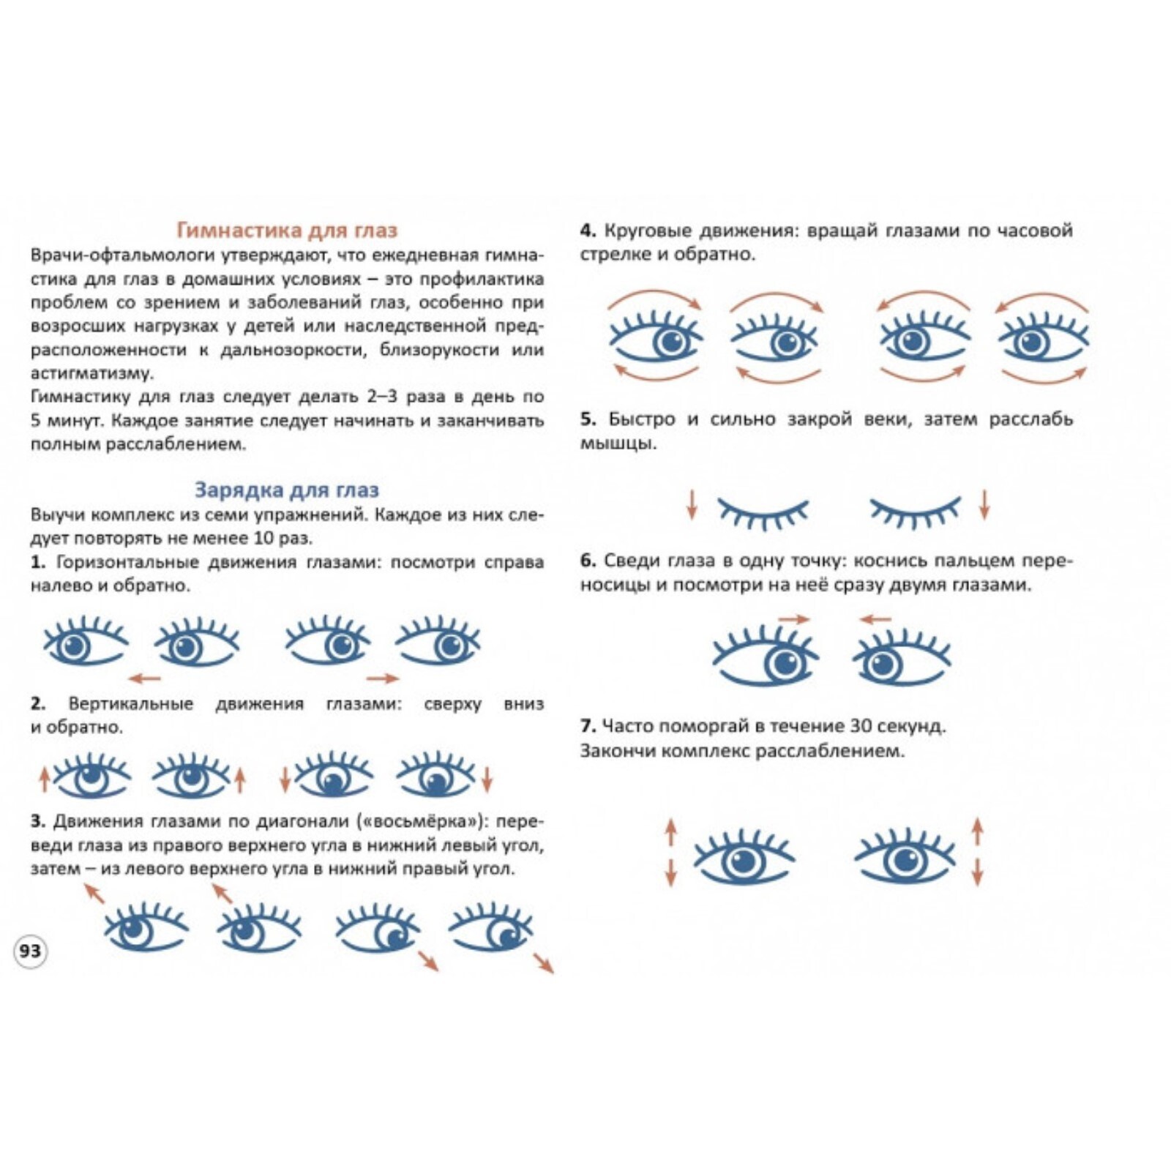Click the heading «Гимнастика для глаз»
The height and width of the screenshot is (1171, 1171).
[x=287, y=231]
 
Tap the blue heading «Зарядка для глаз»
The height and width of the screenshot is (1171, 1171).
[x=287, y=490]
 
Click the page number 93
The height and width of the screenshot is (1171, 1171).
[x=30, y=951]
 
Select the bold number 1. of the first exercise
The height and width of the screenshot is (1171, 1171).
[x=38, y=562]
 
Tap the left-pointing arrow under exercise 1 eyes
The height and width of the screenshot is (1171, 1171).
[x=144, y=678]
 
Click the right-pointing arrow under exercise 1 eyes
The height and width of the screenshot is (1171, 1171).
[x=383, y=678]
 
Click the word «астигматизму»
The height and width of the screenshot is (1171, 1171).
[x=92, y=373]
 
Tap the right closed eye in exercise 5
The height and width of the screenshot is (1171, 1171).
[x=916, y=512]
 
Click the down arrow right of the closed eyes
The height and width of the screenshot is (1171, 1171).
[x=984, y=504]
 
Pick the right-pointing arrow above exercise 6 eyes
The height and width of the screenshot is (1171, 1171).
[x=794, y=619]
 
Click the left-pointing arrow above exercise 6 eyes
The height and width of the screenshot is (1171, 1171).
[x=875, y=619]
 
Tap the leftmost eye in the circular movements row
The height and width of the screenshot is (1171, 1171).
[x=656, y=337]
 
